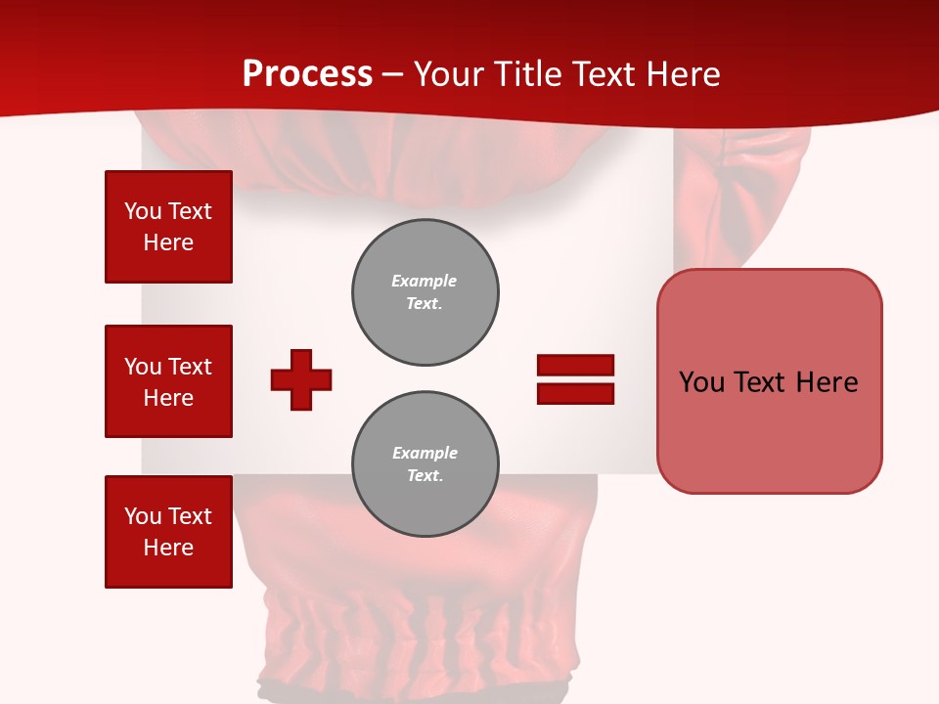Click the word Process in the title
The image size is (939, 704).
(307, 74)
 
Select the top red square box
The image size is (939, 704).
(168, 227)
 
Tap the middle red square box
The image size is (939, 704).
(168, 381)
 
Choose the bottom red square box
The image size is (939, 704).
(168, 532)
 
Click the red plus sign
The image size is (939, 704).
(301, 379)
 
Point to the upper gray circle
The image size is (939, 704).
(425, 292)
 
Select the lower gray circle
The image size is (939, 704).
(425, 464)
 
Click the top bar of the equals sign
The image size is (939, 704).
(575, 366)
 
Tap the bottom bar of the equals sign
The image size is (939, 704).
(575, 393)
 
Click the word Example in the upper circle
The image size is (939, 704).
(425, 281)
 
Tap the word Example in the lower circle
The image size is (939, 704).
(425, 453)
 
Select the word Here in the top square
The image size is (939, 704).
(168, 242)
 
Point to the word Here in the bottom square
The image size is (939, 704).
(168, 548)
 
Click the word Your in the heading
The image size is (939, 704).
(449, 74)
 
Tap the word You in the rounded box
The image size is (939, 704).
(701, 382)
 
